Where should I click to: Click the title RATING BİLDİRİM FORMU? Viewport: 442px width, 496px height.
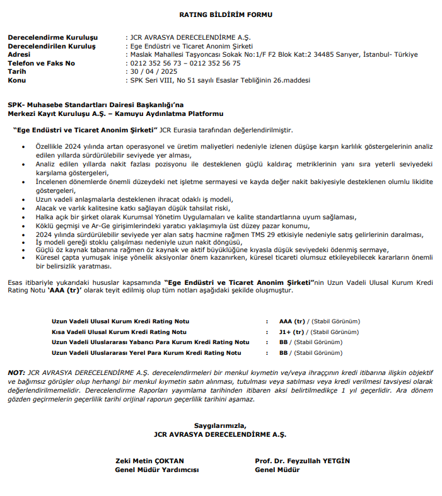point(221,14)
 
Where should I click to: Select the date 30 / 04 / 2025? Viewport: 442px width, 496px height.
point(152,72)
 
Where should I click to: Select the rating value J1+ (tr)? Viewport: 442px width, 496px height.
point(292,332)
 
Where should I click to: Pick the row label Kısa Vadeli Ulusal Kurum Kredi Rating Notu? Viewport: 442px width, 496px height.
point(119,332)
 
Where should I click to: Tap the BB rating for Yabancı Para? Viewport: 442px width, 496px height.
point(284,342)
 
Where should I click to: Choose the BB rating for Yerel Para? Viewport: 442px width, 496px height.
point(284,353)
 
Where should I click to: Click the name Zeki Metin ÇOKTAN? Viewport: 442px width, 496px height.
point(149,461)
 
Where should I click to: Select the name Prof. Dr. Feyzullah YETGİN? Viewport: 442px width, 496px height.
point(302,461)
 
